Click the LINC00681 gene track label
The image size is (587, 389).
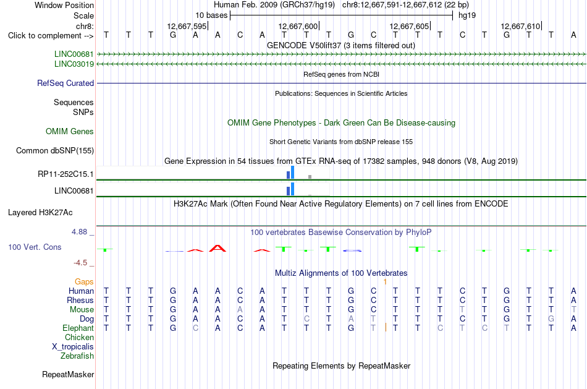[x=74, y=54]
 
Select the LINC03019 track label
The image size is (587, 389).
[x=74, y=64]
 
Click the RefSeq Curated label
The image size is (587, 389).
[x=65, y=83]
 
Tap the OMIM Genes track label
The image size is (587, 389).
[x=70, y=132]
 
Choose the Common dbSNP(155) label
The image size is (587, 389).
[x=55, y=151]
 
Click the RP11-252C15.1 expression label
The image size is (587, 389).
[x=65, y=174]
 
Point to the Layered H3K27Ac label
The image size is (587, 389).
[x=40, y=213]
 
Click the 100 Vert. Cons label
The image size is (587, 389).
[x=35, y=247]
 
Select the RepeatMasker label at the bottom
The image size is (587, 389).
[x=68, y=374]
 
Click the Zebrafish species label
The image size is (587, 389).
[x=77, y=356]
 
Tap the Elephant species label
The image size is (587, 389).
[x=78, y=328]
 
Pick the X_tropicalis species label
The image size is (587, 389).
[x=73, y=347]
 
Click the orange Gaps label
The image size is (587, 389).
[x=84, y=282]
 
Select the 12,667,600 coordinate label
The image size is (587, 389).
[x=298, y=26]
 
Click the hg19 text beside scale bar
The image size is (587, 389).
[x=467, y=15]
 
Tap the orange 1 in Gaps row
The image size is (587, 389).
[x=385, y=282]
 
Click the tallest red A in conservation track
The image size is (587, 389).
[x=217, y=248]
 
